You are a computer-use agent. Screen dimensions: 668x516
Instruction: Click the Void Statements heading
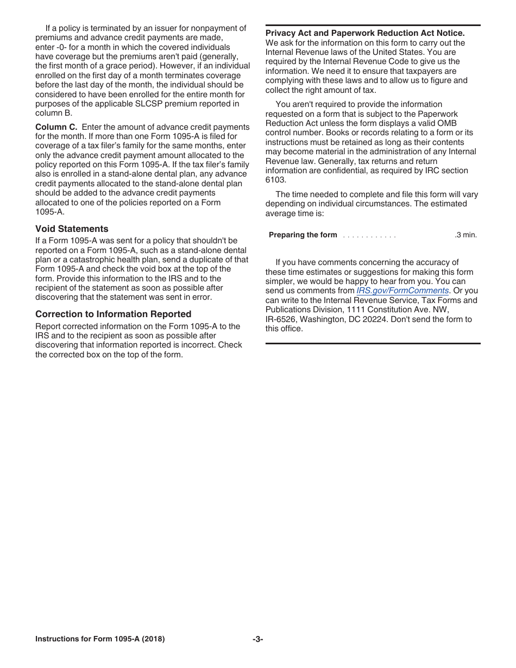[72, 229]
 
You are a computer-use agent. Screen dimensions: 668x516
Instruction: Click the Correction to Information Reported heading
[113, 314]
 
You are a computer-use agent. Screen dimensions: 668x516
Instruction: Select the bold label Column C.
[56, 127]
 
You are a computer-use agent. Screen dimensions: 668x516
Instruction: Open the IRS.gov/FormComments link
[402, 291]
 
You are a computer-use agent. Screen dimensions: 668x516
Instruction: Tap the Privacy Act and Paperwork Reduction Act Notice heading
[365, 33]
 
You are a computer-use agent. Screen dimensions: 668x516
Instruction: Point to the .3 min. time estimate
[465, 235]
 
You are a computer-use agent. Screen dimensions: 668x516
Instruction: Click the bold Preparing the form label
[303, 235]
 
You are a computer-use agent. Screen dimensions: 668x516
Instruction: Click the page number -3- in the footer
[257, 639]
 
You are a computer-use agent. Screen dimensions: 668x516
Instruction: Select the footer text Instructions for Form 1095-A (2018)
[100, 639]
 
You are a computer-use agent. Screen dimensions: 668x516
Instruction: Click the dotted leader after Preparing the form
[369, 236]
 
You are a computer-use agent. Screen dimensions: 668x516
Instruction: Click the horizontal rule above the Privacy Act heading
[373, 25]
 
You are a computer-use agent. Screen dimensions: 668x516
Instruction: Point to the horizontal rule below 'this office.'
[373, 343]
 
